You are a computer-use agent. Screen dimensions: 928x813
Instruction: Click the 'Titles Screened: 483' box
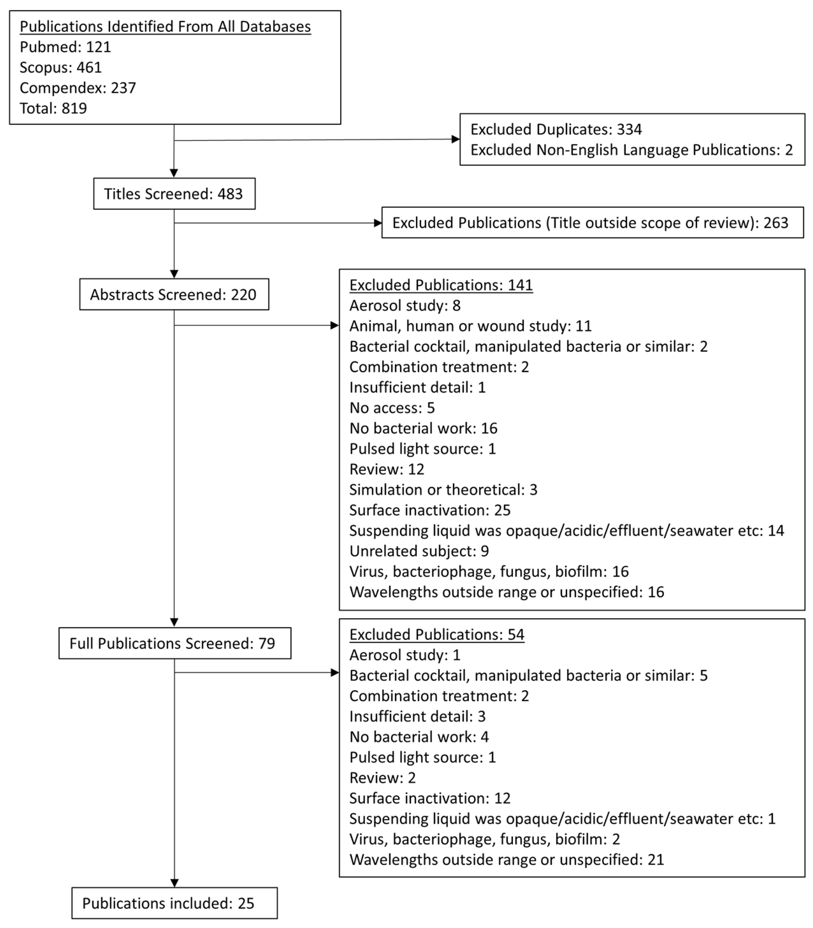tap(174, 194)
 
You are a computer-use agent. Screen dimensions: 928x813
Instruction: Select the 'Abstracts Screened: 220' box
tap(174, 294)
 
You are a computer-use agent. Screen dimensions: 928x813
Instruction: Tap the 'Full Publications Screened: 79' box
tap(175, 643)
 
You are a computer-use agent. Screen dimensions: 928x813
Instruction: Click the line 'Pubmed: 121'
tap(65, 47)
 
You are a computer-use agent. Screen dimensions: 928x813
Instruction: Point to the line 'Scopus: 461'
tap(61, 67)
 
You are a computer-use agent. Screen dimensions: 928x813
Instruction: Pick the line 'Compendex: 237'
tap(78, 87)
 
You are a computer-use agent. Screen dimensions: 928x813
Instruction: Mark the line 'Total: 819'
tap(53, 108)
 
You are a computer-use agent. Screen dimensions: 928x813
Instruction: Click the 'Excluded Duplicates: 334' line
tap(556, 129)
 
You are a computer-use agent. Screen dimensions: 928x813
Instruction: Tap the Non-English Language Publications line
tap(631, 150)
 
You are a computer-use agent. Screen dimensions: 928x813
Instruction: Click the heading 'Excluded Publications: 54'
tap(436, 634)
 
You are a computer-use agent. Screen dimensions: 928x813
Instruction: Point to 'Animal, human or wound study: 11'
tap(470, 326)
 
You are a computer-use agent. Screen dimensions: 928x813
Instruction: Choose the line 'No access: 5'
tap(392, 408)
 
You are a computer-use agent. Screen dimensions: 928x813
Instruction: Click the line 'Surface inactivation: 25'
tap(430, 510)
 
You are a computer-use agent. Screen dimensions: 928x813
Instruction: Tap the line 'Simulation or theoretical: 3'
tap(443, 489)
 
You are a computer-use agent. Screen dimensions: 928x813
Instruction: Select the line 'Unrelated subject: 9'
tap(419, 551)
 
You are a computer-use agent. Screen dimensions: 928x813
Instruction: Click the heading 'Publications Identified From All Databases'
tap(165, 26)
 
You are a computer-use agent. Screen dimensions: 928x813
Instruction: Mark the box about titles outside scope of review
tap(592, 223)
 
